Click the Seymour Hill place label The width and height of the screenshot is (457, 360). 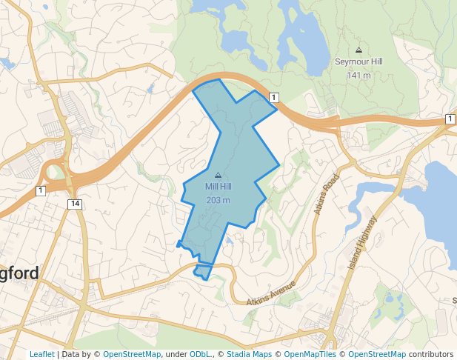coord(358,62)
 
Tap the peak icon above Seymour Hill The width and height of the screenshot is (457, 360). coord(358,50)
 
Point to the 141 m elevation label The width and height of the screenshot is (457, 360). coord(358,76)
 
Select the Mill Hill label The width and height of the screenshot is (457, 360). coord(218,187)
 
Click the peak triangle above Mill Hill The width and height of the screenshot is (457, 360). coord(218,175)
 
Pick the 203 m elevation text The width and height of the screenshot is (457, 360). coord(218,201)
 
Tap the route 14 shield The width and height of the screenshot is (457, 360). coord(74,204)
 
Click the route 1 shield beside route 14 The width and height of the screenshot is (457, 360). coord(40,190)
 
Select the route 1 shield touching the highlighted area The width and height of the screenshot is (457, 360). coord(273,98)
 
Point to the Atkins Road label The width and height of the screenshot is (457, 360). coord(326,195)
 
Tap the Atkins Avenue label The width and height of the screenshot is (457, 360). coord(271,293)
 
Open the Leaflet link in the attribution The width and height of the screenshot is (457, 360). coord(41,354)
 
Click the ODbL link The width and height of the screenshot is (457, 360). coord(199,354)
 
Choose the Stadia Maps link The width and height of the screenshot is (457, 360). coord(249,354)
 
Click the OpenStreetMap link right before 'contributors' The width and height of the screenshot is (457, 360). coord(377,354)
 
